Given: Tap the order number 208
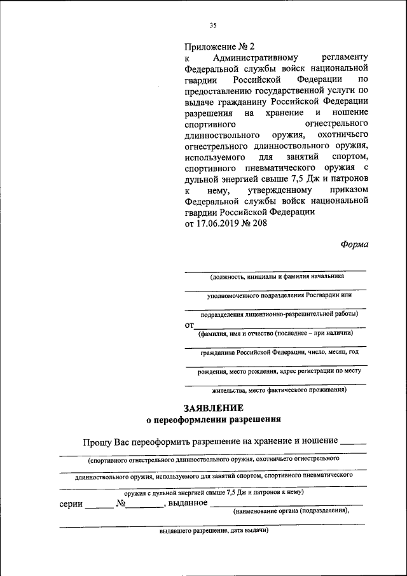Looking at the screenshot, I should pos(260,223).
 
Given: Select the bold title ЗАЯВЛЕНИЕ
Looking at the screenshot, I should pos(213,407).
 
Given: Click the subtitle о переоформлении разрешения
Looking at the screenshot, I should pos(213,419).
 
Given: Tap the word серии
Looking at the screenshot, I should pos(71,503).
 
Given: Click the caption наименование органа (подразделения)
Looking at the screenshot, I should pos(291,511).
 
